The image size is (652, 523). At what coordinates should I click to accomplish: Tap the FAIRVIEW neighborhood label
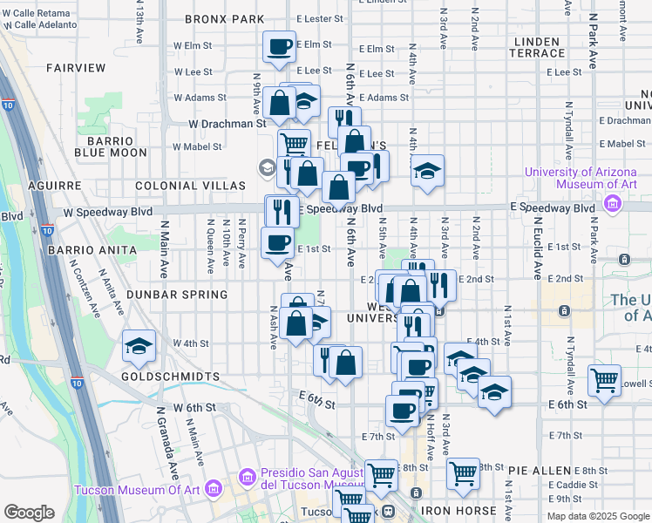76,67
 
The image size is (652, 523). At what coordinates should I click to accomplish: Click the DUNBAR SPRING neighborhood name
177,295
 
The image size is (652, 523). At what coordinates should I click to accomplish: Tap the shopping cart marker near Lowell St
604,380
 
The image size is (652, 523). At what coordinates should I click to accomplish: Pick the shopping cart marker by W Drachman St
295,143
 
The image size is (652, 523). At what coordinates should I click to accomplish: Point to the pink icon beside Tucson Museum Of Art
210,490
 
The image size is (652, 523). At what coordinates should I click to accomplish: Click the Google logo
29,513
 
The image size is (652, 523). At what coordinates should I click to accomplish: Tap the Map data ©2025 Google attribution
598,516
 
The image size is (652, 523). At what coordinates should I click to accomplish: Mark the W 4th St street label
191,343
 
